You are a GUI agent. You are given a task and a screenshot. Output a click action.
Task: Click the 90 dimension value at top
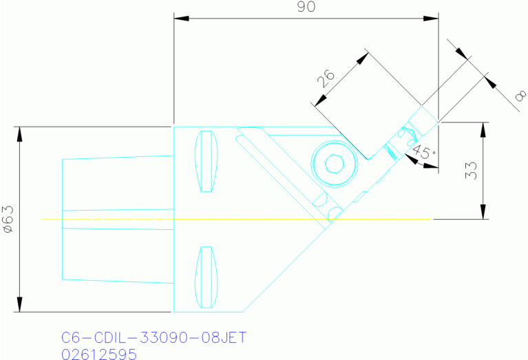tap(306, 8)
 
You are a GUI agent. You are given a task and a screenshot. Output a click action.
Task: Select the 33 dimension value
tap(471, 171)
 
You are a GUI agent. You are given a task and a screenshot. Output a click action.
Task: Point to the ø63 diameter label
tap(8, 220)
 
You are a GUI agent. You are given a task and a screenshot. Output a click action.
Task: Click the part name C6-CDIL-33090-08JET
tap(154, 338)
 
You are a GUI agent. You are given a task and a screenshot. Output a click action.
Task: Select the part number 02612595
tap(99, 353)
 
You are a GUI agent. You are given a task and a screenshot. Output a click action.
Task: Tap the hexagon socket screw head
tap(334, 163)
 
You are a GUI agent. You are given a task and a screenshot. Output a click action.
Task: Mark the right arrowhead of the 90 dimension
tap(434, 19)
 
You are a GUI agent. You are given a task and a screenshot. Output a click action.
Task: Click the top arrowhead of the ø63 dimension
tap(19, 131)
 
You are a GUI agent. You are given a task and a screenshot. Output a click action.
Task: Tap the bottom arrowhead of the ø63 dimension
tap(19, 306)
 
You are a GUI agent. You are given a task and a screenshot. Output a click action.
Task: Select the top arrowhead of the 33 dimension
tap(485, 128)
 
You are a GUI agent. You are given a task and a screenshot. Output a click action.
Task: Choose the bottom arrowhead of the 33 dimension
tap(485, 214)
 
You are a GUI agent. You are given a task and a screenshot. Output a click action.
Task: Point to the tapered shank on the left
tap(117, 219)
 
